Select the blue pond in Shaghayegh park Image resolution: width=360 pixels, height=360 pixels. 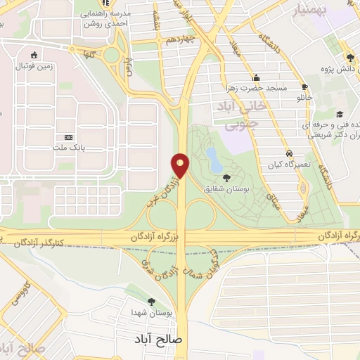211,155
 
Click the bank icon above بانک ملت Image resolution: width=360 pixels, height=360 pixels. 68,137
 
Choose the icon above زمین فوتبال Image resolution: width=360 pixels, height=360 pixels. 34,55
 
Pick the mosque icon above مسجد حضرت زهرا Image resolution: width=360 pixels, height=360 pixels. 257,77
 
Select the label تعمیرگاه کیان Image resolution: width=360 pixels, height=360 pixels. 288,164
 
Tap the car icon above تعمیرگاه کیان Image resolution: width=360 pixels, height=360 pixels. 289,153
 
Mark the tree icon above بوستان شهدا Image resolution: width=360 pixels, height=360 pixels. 150,300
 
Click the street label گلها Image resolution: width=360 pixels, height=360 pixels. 89,53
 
